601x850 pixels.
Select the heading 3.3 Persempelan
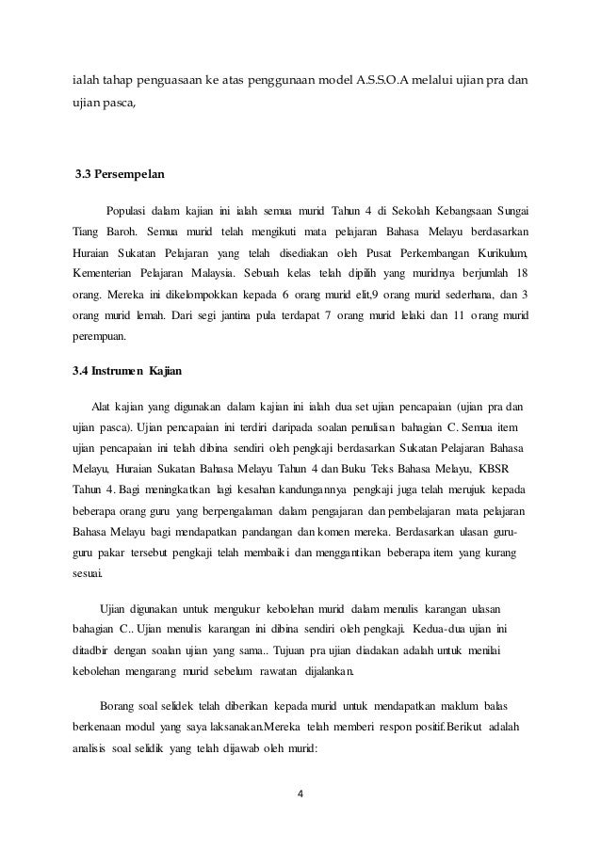click(116, 175)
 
